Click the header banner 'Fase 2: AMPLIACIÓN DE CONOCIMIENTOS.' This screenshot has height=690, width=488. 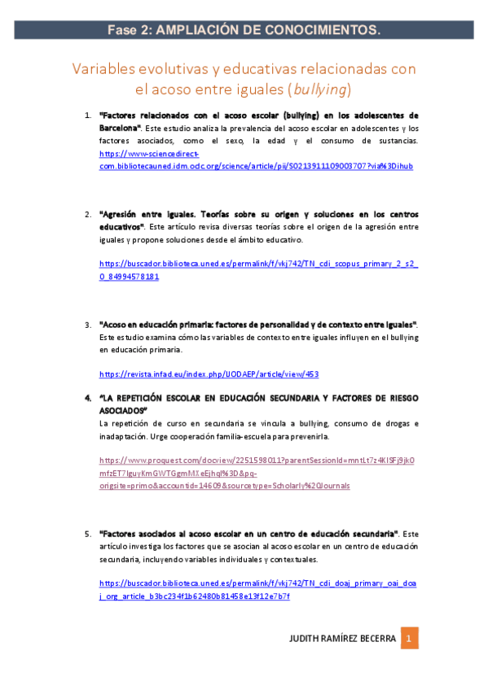tap(244, 30)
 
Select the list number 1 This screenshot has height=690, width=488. tap(88, 116)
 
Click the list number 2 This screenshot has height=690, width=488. tap(88, 215)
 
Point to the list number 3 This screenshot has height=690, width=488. tap(88, 325)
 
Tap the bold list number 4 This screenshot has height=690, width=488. tap(88, 399)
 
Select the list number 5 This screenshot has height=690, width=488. tap(88, 533)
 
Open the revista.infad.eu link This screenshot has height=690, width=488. tap(209, 374)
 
